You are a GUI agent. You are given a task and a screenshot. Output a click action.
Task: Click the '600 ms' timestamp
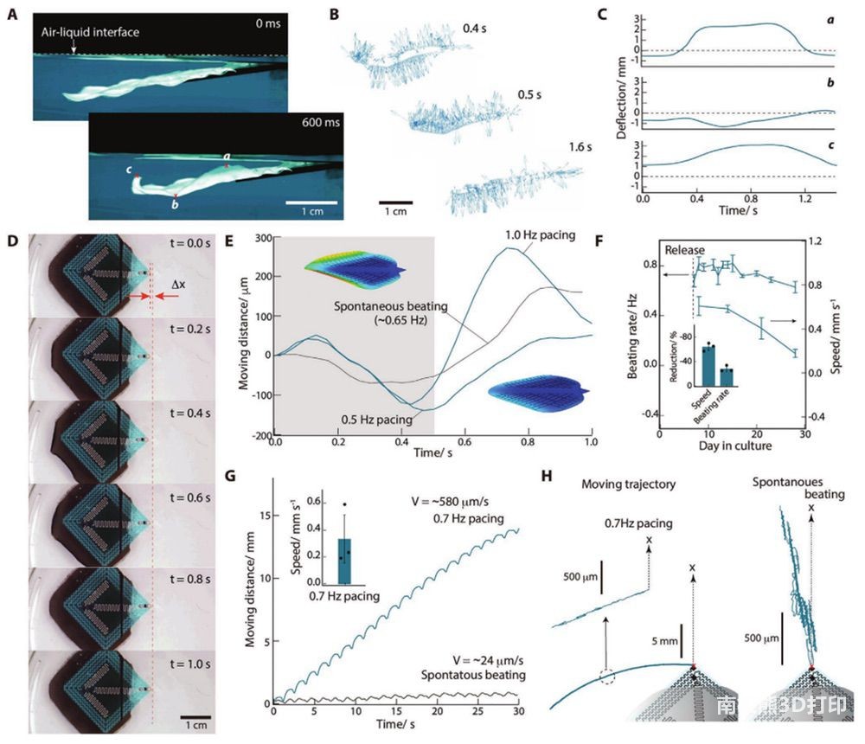click(323, 124)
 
